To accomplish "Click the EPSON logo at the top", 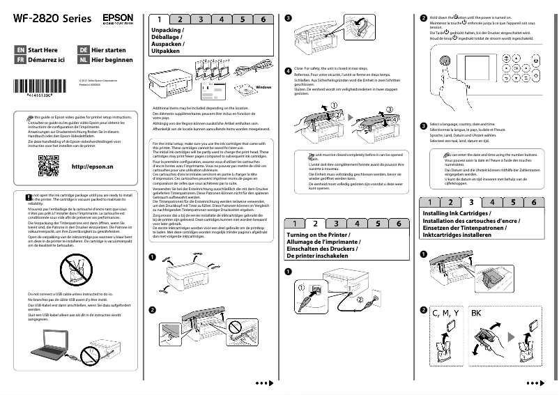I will pos(116,15).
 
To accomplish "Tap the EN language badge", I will pos(20,51).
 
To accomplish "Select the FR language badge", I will pos(20,61).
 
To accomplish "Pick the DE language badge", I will pos(83,51).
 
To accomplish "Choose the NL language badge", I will pos(83,61).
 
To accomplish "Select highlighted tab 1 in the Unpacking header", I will pos(160,20).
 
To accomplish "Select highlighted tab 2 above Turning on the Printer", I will pos(315,224).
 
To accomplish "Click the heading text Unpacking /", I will pos(168,31).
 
